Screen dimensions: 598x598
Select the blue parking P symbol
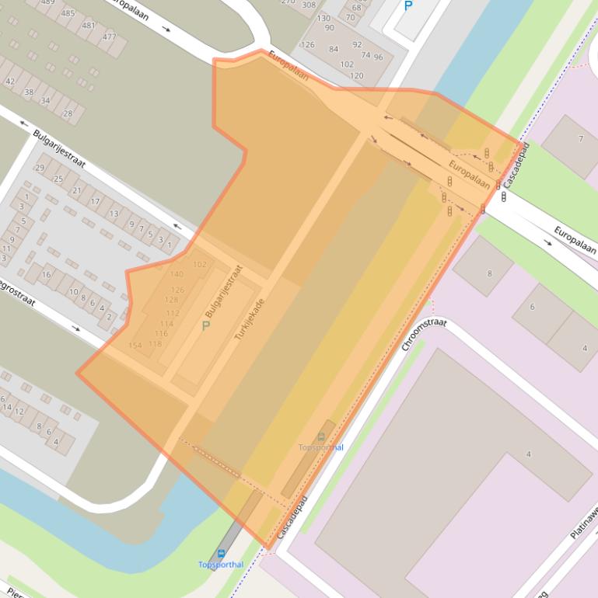408,6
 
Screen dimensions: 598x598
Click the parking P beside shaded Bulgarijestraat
205,325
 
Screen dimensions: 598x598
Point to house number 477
109,37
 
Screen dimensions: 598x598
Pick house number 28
68,113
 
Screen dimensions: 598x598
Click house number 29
40,168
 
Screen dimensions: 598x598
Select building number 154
135,346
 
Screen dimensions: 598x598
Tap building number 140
177,274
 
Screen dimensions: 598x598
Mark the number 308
309,5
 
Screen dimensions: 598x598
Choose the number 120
356,76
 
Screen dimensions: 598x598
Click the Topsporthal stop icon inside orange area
322,437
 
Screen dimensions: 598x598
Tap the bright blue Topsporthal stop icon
221,554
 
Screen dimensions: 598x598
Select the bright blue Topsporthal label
221,565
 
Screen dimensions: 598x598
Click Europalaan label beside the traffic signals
469,176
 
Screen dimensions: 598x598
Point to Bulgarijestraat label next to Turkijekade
224,290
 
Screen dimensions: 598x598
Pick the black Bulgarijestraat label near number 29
59,148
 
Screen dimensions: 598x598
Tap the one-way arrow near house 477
166,29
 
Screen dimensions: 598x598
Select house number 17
95,201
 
